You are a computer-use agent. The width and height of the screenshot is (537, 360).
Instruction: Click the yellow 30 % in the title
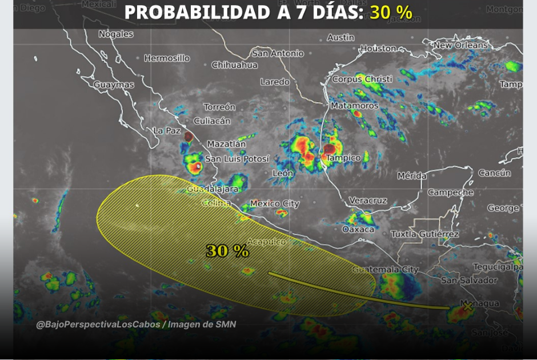(391, 12)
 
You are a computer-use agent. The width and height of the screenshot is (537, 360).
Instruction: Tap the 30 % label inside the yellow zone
(227, 250)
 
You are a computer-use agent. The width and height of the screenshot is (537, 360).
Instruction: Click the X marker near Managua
(467, 307)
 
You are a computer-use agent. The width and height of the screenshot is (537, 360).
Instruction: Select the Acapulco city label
(266, 242)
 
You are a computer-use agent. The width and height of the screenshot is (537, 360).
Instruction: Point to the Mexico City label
(275, 203)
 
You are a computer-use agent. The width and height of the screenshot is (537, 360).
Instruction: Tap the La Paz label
(167, 131)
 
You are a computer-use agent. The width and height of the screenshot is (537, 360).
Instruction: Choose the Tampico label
(343, 158)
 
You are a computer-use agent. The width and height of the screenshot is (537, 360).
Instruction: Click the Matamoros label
(355, 106)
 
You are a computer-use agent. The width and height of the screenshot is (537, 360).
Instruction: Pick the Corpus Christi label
(362, 79)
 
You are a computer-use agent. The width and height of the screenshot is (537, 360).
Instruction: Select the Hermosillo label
(167, 58)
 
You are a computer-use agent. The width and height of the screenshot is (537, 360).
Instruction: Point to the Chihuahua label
(235, 65)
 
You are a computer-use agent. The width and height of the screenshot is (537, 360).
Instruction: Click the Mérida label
(412, 176)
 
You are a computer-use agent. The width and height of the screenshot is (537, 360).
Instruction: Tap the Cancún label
(494, 173)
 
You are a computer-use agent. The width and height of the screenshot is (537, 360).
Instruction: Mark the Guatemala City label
(386, 270)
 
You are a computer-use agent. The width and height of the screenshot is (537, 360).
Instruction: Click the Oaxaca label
(358, 229)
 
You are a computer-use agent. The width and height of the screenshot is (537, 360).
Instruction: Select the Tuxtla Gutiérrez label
(425, 234)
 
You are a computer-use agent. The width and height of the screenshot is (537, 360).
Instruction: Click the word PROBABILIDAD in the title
(198, 12)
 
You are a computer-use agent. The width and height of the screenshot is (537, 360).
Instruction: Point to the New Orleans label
(460, 45)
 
